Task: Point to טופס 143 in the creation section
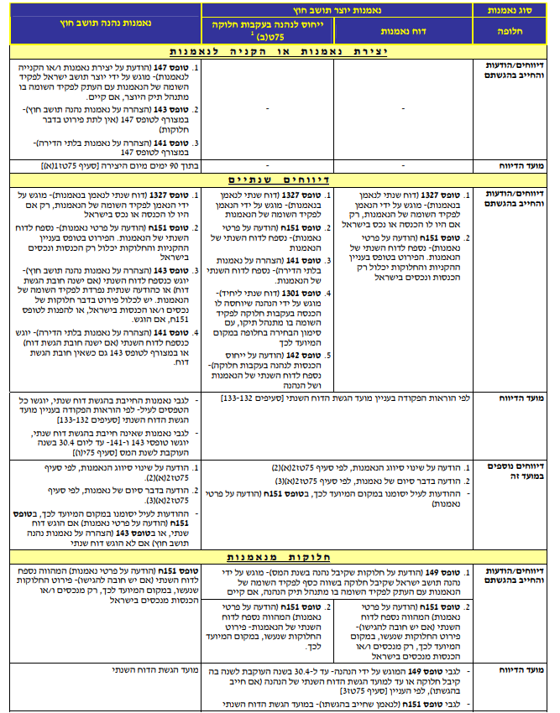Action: coord(172,109)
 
